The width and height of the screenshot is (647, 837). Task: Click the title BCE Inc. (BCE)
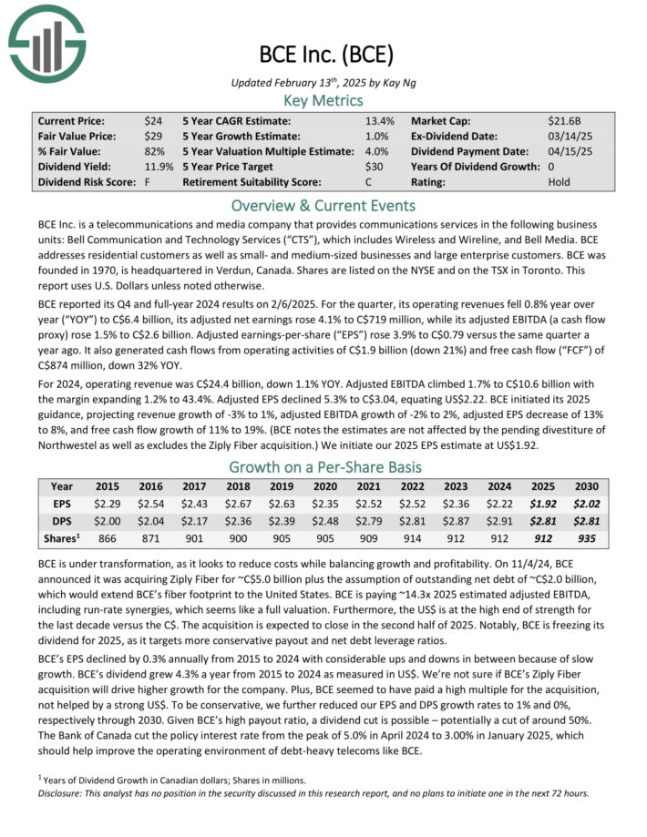tap(323, 54)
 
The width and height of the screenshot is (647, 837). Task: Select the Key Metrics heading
tap(323, 100)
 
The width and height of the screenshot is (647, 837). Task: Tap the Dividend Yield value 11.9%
tap(159, 167)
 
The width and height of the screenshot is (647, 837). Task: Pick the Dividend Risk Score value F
tap(148, 182)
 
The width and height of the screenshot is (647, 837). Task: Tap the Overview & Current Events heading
tap(323, 205)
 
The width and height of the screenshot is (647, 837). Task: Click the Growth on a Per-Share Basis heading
tap(323, 465)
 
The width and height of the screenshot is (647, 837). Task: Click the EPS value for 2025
tap(543, 503)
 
